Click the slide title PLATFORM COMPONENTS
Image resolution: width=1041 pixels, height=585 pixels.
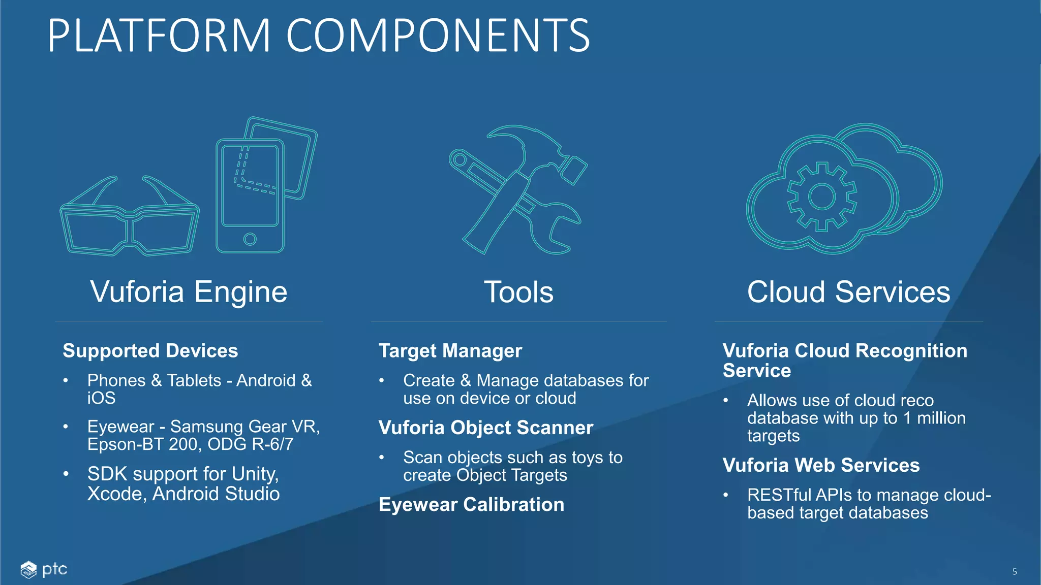click(319, 36)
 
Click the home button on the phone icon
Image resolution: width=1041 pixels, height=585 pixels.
click(250, 239)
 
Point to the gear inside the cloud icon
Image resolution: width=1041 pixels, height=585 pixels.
click(821, 197)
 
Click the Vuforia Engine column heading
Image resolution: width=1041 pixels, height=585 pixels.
click(189, 292)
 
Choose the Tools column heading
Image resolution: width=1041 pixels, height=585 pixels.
click(518, 292)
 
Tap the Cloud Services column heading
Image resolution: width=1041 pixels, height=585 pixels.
click(848, 292)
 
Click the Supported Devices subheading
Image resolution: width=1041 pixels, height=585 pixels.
click(150, 351)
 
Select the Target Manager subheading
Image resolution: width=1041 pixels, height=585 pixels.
click(450, 351)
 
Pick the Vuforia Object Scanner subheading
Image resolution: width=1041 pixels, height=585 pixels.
click(486, 428)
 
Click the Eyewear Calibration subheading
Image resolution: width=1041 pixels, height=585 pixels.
click(472, 505)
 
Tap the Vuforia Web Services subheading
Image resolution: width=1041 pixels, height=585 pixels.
click(821, 465)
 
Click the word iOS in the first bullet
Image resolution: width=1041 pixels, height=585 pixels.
click(101, 398)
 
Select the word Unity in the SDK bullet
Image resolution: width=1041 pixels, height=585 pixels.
click(255, 474)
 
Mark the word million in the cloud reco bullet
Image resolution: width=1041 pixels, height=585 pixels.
click(941, 418)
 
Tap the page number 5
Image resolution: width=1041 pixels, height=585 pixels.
click(1015, 572)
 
